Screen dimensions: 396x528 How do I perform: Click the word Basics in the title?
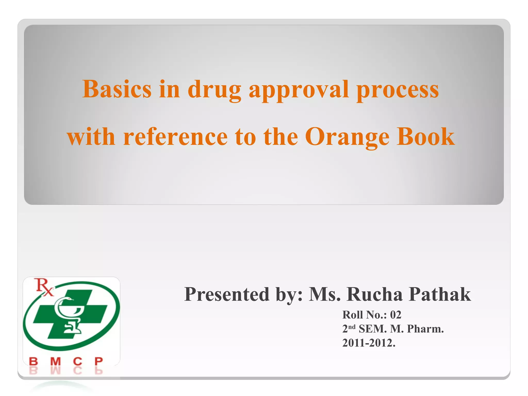coord(117,89)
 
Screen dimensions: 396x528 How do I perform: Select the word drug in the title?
coord(214,90)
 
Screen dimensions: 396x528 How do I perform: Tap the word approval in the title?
coord(299,90)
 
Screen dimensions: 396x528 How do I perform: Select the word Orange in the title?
coord(347,137)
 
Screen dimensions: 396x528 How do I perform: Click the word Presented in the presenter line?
coord(227,294)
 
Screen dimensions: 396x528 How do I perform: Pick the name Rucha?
coord(374,294)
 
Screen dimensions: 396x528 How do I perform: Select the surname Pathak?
coord(440,294)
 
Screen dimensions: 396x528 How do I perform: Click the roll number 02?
coord(396,315)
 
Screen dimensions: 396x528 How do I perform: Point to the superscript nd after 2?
coord(352,327)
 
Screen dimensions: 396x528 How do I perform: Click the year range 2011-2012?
coord(369,343)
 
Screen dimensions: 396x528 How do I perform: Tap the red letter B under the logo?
coord(34,361)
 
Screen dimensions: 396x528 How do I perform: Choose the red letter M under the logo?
coord(55,361)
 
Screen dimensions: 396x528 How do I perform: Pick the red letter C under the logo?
coord(78,361)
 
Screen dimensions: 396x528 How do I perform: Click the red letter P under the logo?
coord(98,361)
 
